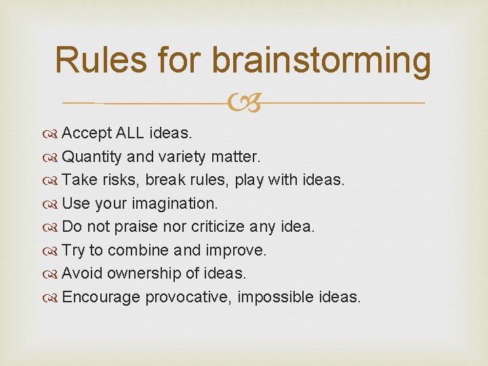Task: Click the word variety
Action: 187,157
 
